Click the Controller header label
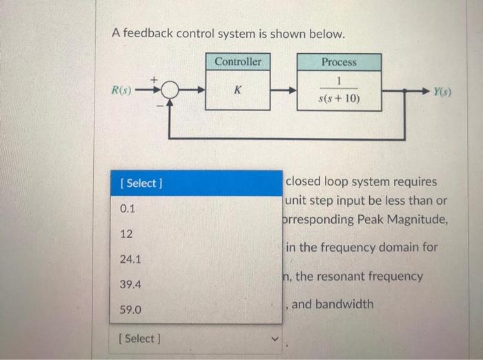tap(237, 62)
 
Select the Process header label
tap(339, 62)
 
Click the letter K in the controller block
tap(237, 90)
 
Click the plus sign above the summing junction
tap(164, 79)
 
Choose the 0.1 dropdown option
tap(128, 208)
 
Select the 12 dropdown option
tap(126, 234)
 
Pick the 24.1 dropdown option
tap(130, 259)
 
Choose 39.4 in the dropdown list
tap(130, 284)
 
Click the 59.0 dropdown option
tap(130, 310)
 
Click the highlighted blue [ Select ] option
tap(141, 183)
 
